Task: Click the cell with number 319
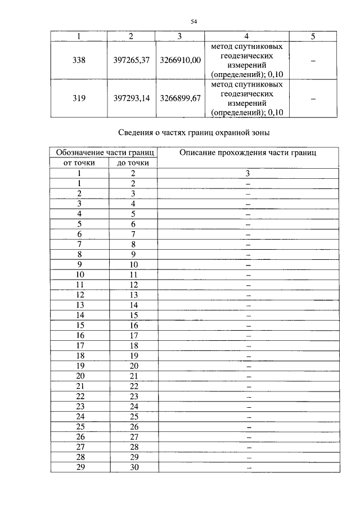(79, 98)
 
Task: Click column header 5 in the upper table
(313, 37)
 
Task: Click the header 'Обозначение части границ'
(103, 152)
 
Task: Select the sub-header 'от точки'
(79, 163)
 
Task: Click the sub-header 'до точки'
(133, 163)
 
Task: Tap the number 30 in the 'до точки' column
(133, 467)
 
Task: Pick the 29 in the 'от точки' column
(80, 467)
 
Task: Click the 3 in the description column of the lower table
(247, 174)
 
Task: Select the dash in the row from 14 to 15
(247, 316)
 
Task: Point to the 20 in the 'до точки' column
(133, 366)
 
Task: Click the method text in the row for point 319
(247, 98)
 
